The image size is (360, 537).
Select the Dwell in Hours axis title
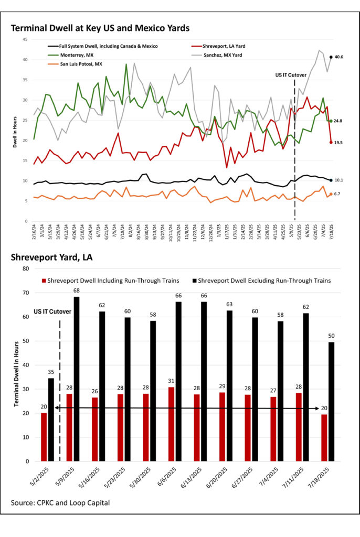[x=15, y=130]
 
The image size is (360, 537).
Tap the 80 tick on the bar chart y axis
[x=27, y=268]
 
